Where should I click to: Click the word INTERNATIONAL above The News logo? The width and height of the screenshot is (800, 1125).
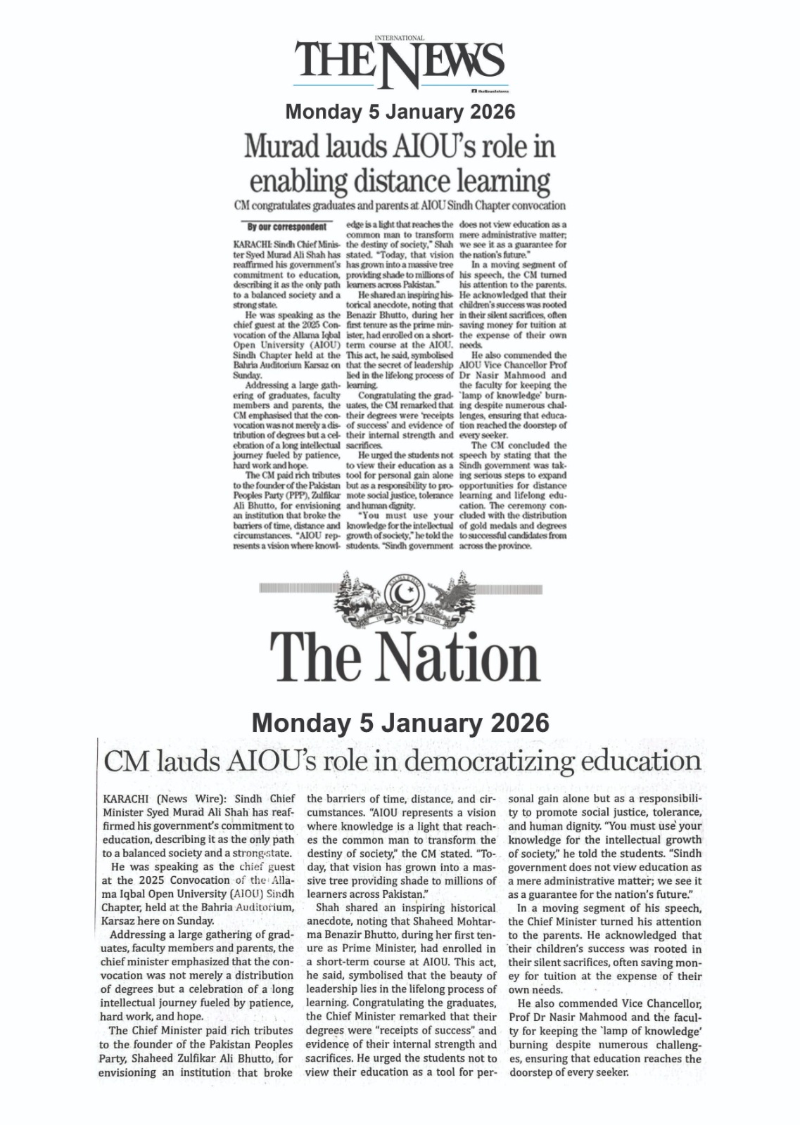pos(400,37)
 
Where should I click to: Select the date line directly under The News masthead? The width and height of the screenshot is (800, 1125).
pos(400,112)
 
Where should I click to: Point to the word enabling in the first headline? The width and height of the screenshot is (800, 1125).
pos(296,181)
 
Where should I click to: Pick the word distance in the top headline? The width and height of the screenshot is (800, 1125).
pos(395,181)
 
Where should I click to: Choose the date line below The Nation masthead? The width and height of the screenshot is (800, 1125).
pos(400,723)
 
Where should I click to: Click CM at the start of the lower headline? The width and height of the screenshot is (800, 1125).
pos(125,761)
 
